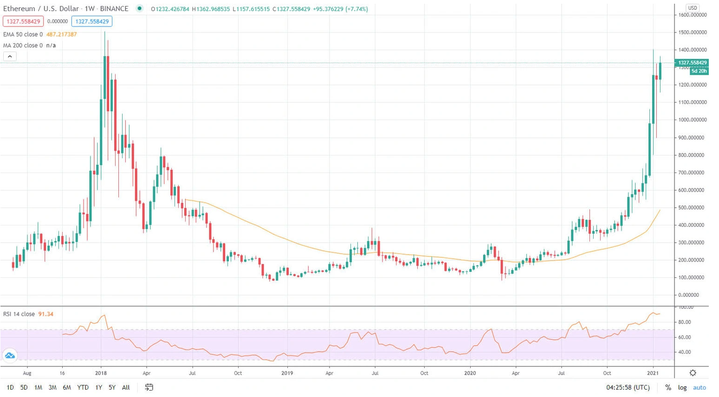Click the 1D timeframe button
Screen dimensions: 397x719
[10, 387]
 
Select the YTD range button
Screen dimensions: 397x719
[83, 387]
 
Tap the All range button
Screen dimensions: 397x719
[126, 387]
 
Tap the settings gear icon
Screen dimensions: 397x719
[693, 373]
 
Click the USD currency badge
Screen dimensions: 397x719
[692, 8]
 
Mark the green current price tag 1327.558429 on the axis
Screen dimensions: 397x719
[692, 63]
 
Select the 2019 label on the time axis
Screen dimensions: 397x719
[287, 373]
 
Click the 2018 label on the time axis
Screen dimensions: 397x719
[101, 373]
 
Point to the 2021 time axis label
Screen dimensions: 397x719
[653, 373]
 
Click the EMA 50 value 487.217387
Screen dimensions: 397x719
[62, 34]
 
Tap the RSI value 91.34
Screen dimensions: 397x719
[45, 314]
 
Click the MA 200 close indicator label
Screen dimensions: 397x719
[23, 45]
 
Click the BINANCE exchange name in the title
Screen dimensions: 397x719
[114, 9]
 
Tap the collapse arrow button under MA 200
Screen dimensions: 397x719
[10, 57]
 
